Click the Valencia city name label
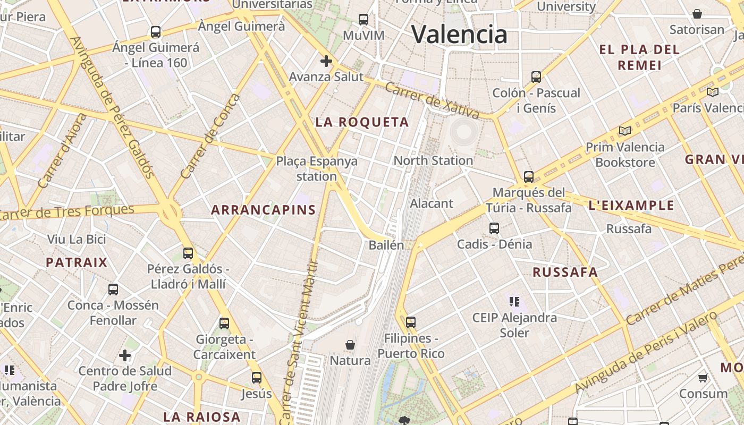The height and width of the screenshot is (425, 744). (460, 35)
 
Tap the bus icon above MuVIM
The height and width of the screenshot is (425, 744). (363, 20)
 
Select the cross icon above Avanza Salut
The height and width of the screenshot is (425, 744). (326, 61)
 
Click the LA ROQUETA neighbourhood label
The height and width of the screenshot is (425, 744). (362, 122)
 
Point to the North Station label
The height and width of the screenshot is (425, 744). (433, 160)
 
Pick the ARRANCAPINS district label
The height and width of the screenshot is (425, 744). (264, 210)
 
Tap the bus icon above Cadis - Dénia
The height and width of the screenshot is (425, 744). (494, 228)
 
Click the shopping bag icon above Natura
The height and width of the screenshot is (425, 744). (350, 345)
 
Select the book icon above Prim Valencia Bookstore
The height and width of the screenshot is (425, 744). (625, 131)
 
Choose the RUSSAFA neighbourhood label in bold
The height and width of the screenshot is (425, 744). (565, 272)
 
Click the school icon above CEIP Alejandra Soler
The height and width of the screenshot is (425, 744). (514, 302)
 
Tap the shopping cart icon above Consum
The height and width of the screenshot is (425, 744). (703, 378)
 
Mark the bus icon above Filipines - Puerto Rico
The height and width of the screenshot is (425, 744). (410, 322)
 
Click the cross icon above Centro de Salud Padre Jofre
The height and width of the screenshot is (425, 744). (125, 355)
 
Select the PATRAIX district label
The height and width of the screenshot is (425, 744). (77, 262)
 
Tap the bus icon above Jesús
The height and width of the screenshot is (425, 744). (257, 378)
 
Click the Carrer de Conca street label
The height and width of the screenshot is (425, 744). (210, 137)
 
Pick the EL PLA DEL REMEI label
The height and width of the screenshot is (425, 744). (639, 57)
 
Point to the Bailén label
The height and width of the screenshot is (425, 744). (386, 245)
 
